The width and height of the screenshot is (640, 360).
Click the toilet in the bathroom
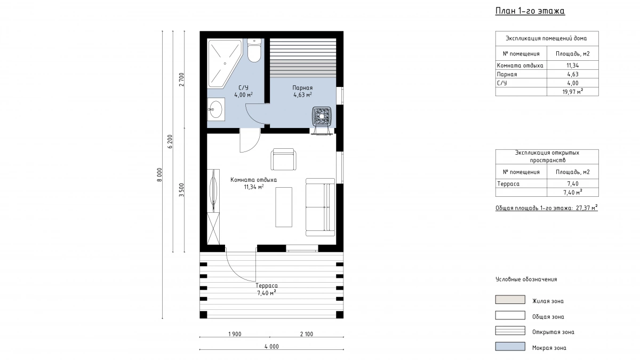coord(254,51)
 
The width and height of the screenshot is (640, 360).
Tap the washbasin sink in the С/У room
coord(216,109)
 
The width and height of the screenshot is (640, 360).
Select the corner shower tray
coord(225,63)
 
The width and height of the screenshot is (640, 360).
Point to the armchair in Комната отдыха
coord(283,159)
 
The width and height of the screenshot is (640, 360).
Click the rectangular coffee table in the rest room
coord(284,207)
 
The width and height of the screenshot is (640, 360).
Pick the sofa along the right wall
coord(320,207)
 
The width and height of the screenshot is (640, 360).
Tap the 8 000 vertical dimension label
coord(159,174)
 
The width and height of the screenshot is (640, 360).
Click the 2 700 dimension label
coord(181,79)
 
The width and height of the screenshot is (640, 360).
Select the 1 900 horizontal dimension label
coord(235,334)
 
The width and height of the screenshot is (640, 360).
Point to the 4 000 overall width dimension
coord(271,347)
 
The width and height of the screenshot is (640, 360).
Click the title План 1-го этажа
coord(530,11)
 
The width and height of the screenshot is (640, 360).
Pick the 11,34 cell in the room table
coord(573,66)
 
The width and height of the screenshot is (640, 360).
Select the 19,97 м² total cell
coord(573,92)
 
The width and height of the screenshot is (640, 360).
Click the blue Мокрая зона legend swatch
coord(510,346)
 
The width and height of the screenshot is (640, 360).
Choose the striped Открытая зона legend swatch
coord(510,331)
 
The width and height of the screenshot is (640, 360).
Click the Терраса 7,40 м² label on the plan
coord(267,289)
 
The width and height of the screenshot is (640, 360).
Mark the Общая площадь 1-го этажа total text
coord(547,208)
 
